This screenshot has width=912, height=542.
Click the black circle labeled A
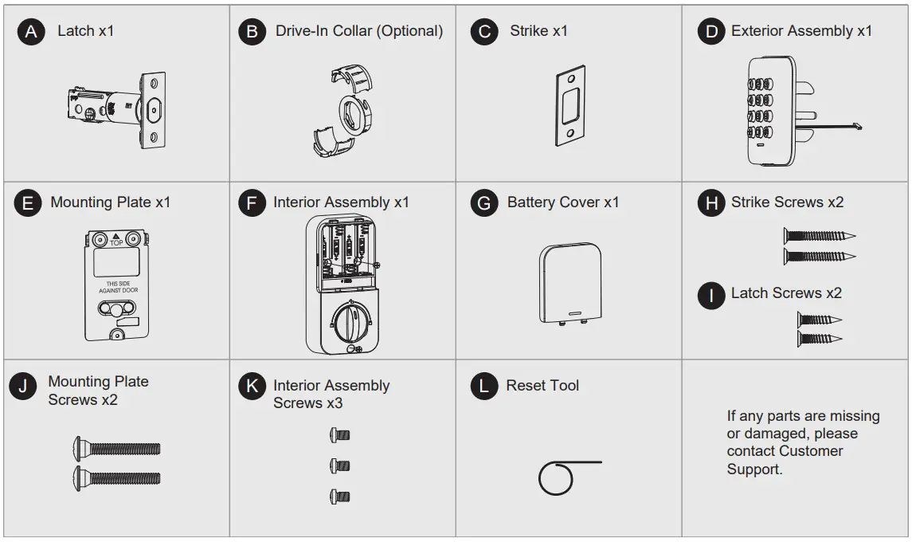point(31,32)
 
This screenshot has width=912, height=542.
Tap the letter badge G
point(483,203)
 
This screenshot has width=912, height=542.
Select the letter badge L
point(483,387)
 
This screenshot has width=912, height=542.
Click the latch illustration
point(117,109)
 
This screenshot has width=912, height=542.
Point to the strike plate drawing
point(571,105)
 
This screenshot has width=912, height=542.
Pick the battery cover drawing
point(570,283)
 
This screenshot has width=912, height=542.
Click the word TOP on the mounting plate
point(117,242)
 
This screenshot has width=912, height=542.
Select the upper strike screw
point(818,235)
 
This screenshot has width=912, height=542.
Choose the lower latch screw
point(820,339)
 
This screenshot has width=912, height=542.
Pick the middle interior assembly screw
point(340,465)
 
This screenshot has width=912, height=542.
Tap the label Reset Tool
point(542,386)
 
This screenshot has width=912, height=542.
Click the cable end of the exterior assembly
point(856,125)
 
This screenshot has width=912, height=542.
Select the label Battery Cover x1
point(563,202)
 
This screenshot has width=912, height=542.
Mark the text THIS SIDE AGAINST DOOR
point(117,287)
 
